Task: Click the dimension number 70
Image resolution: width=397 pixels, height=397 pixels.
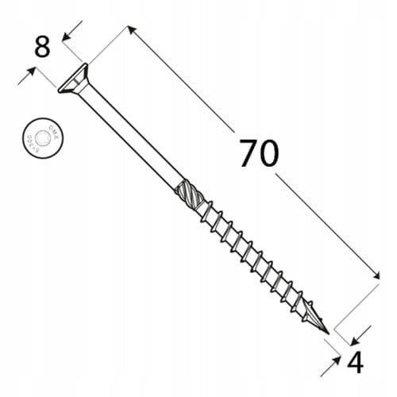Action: [258, 154]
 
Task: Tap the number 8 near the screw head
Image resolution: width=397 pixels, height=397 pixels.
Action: [42, 47]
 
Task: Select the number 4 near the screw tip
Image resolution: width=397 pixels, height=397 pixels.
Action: [355, 363]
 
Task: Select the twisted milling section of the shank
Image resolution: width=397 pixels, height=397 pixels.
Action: [186, 193]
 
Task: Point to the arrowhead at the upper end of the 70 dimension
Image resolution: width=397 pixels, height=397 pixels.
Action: [129, 29]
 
